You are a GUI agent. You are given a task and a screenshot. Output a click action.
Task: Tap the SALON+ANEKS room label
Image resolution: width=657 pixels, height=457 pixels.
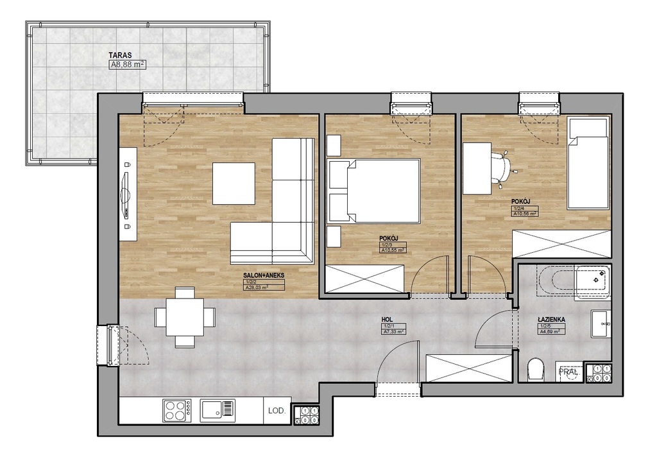263,275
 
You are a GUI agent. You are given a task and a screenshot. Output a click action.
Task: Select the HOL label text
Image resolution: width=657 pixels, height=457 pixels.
387,317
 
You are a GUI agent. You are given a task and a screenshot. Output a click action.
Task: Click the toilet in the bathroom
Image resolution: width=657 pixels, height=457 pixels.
534,370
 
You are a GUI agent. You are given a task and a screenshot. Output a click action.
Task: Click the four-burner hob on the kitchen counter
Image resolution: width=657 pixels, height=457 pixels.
176,410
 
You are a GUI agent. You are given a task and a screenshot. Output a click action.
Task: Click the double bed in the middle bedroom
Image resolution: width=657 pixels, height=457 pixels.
374,191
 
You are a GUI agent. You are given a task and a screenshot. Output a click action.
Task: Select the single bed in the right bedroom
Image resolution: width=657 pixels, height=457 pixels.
588,164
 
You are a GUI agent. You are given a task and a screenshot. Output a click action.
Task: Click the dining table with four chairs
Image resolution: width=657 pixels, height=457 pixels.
185,317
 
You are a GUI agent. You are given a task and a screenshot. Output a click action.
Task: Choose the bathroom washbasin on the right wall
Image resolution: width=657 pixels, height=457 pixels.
601,324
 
